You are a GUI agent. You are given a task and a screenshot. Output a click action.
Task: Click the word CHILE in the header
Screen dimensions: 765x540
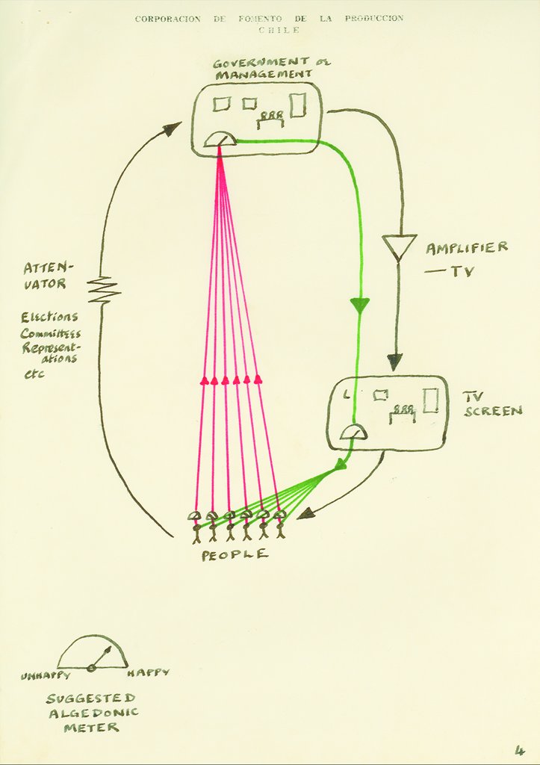click(x=279, y=30)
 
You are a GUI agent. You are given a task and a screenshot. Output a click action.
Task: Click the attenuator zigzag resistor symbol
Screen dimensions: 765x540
click(x=104, y=290)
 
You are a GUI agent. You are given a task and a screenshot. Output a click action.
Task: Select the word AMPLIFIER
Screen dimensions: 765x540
click(x=467, y=248)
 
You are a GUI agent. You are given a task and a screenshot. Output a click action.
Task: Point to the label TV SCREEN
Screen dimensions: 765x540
click(x=492, y=403)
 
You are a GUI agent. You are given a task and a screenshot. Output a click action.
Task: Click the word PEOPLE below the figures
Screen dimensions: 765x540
click(x=234, y=554)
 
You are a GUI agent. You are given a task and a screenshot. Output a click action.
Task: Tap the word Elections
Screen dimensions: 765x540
click(x=49, y=317)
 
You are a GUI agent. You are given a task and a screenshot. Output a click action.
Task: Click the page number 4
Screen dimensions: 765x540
click(x=519, y=750)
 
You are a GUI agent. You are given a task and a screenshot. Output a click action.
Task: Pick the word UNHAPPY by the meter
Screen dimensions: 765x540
click(x=46, y=675)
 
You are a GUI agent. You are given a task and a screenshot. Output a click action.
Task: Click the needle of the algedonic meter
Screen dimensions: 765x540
click(x=102, y=657)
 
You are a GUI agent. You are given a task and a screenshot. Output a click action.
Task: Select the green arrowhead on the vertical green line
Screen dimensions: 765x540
click(x=360, y=305)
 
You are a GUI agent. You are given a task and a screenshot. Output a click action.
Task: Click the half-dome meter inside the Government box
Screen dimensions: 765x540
click(x=220, y=139)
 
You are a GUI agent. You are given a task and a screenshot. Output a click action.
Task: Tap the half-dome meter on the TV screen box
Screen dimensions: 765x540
click(x=353, y=432)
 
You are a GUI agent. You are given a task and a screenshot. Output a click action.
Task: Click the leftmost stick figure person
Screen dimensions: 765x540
click(x=196, y=527)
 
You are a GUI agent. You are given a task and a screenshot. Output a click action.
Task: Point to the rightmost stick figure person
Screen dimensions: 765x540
click(x=280, y=526)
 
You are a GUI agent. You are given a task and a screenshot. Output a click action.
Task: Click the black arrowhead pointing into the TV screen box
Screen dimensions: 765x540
click(x=394, y=362)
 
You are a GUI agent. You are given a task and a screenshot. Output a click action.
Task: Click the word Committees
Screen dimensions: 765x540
click(x=50, y=333)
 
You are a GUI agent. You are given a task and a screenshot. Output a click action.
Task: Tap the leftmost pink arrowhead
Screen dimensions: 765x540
click(x=204, y=380)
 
